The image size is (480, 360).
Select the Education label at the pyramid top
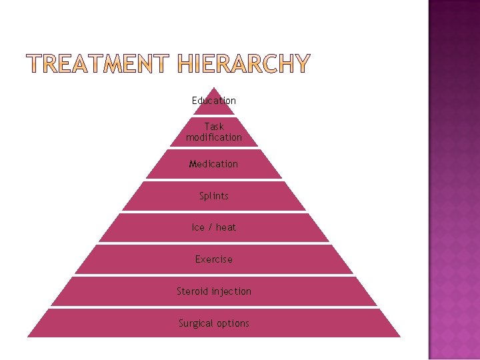click(x=214, y=101)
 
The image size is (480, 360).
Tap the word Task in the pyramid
click(x=214, y=126)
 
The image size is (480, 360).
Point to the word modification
click(x=214, y=137)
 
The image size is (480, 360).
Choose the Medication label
click(x=213, y=164)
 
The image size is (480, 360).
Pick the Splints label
click(x=214, y=196)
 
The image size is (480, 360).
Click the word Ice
click(x=198, y=227)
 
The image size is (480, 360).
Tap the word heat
click(x=226, y=227)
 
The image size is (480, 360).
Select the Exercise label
click(x=214, y=259)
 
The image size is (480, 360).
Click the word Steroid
click(x=193, y=291)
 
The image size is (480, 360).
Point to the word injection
click(x=231, y=291)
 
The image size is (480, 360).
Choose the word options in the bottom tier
click(x=233, y=323)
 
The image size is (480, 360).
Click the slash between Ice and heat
click(x=210, y=227)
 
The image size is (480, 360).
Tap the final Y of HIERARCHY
click(x=302, y=64)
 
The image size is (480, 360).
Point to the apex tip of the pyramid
click(x=214, y=88)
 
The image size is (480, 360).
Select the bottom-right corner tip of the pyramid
click(x=400, y=337)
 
